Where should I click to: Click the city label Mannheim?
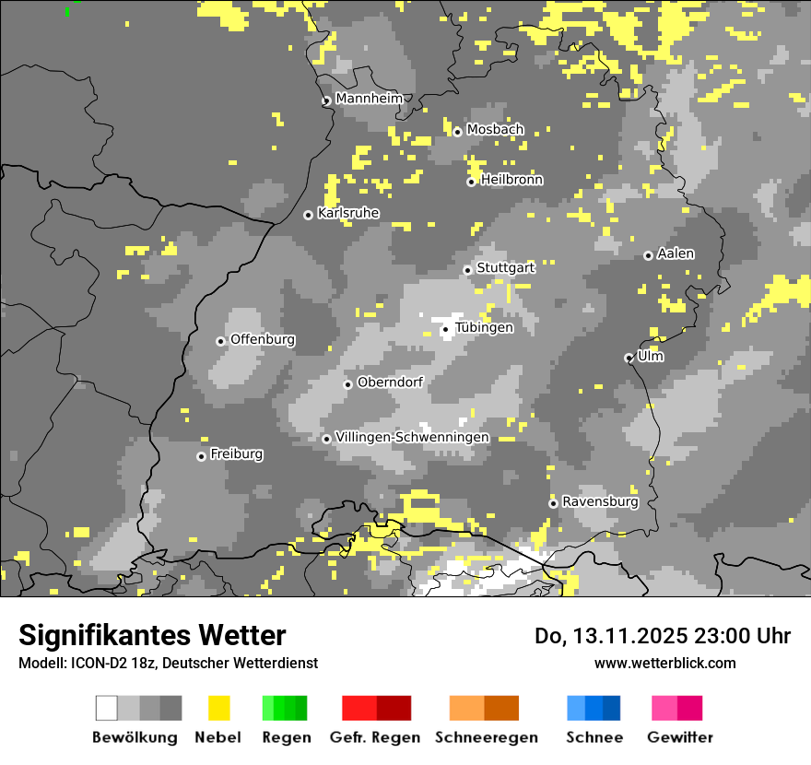click(370, 98)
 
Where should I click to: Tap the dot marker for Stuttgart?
click(468, 270)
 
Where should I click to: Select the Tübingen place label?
click(484, 327)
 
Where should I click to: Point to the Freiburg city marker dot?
click(201, 456)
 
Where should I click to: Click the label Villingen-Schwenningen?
click(412, 437)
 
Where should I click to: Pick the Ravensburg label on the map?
click(600, 501)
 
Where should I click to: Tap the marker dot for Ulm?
click(629, 358)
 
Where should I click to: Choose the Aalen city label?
click(676, 253)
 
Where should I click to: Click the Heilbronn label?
click(511, 180)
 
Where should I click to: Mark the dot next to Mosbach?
click(457, 132)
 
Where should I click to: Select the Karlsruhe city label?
click(348, 213)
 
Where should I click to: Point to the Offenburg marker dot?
click(221, 341)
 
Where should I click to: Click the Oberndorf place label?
click(390, 382)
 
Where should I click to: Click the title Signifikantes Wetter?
click(152, 635)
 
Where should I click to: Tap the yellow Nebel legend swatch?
click(218, 708)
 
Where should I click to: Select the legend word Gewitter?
click(680, 737)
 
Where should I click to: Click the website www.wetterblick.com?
click(664, 663)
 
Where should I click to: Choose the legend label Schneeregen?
click(487, 737)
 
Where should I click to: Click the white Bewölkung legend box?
click(107, 708)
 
